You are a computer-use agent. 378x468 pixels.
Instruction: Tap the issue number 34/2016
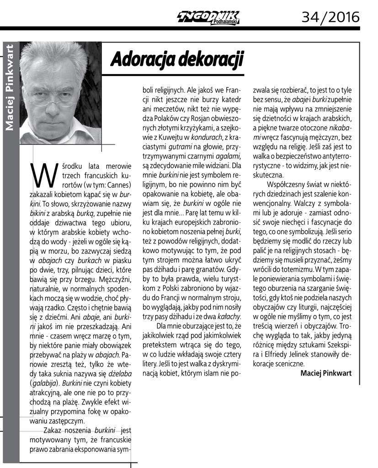[x=330, y=17]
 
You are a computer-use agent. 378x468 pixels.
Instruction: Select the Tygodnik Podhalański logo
[x=208, y=18]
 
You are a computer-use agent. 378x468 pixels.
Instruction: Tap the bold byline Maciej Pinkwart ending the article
[x=326, y=373]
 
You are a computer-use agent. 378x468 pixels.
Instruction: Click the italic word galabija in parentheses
[x=48, y=382]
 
